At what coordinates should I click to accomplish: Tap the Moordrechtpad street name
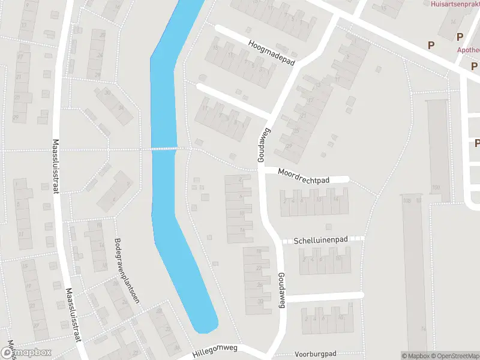pyautogui.click(x=304, y=176)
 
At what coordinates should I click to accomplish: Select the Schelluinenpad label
pyautogui.click(x=320, y=239)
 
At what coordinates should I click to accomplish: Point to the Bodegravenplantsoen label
pyautogui.click(x=127, y=270)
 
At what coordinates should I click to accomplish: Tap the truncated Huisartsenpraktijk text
pyautogui.click(x=455, y=4)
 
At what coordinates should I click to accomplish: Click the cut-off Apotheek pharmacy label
pyautogui.click(x=469, y=51)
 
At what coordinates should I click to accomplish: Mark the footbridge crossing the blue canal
pyautogui.click(x=164, y=148)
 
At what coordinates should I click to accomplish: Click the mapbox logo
pyautogui.click(x=26, y=353)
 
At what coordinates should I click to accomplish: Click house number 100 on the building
pyautogui.click(x=436, y=188)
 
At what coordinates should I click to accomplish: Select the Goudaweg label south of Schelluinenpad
pyautogui.click(x=281, y=290)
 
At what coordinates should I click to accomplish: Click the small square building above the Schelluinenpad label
pyautogui.click(x=328, y=227)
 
